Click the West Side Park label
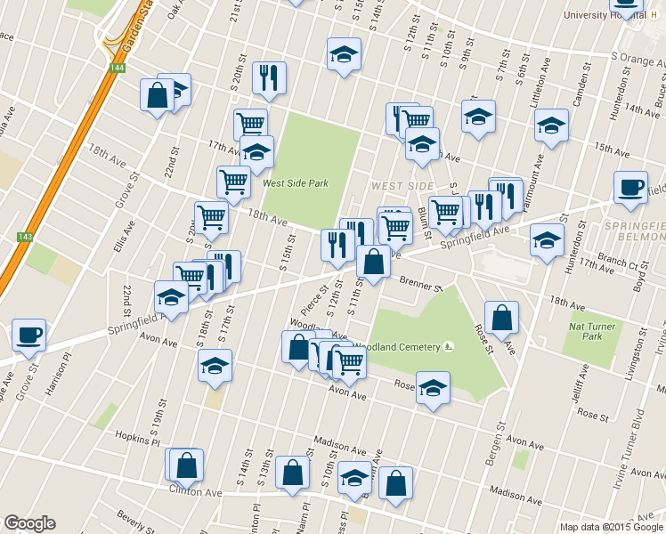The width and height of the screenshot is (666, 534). click(296, 183)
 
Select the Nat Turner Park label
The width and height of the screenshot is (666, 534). click(592, 331)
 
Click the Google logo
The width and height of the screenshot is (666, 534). click(29, 523)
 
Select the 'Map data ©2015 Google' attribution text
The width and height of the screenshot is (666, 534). click(612, 527)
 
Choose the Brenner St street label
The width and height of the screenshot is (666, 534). click(420, 286)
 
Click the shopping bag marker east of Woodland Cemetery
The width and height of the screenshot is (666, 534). click(502, 318)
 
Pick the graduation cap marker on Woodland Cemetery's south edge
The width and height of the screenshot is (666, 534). click(433, 388)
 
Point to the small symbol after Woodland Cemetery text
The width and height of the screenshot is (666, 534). click(449, 347)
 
